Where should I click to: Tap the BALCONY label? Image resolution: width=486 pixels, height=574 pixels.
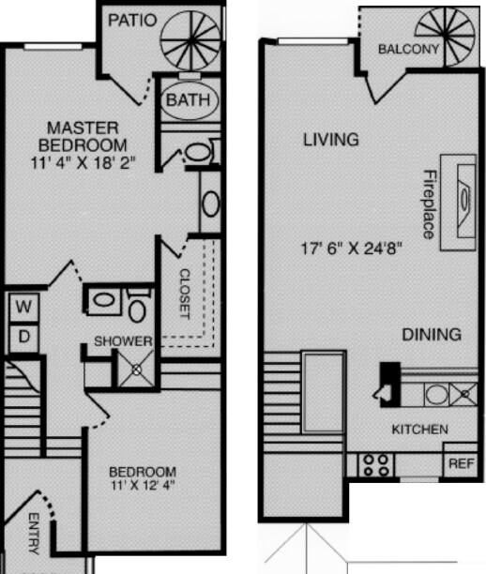click(x=408, y=50)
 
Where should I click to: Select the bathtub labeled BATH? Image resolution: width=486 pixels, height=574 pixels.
click(x=190, y=99)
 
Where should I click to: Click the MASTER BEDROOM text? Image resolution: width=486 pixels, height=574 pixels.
click(x=82, y=136)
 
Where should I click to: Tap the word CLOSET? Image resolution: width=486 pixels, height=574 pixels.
click(x=184, y=295)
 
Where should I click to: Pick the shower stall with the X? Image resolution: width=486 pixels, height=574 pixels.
click(x=136, y=370)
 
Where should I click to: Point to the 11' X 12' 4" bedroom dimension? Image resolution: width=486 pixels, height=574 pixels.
click(x=142, y=486)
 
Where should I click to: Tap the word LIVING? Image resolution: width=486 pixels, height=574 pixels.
click(x=330, y=141)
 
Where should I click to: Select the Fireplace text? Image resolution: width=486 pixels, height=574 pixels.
click(x=429, y=204)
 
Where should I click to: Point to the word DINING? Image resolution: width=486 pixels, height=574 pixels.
click(x=432, y=334)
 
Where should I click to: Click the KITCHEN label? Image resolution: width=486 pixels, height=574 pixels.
click(x=419, y=430)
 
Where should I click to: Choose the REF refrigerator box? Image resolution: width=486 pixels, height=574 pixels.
click(x=460, y=463)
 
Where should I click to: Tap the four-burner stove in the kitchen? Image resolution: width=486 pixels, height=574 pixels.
click(x=376, y=463)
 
